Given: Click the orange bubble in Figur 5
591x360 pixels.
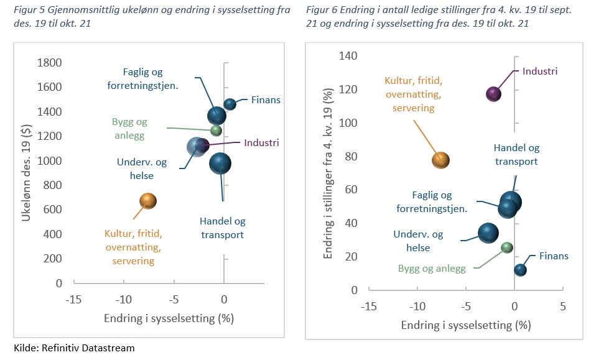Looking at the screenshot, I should [147, 200].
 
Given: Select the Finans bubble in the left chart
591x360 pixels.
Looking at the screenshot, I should [230, 104].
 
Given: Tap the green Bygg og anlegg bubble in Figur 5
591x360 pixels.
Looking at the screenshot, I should [216, 131].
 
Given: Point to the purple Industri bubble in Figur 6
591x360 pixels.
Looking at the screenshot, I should [493, 94].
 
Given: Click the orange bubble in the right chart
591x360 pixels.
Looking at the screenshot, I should [440, 160].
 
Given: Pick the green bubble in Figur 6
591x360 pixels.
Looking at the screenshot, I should [507, 247].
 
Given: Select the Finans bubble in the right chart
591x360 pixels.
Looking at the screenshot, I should [521, 270].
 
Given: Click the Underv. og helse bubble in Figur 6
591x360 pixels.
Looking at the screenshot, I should [488, 233].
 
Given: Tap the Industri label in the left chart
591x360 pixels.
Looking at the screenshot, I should [261, 143].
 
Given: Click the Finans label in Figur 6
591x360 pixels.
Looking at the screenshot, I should [554, 256].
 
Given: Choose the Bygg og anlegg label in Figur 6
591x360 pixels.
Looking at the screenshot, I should [432, 269].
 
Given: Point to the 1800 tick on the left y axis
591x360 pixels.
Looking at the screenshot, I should [50, 63].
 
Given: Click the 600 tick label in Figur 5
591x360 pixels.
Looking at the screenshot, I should [53, 210].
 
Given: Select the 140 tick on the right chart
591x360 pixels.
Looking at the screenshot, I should [348, 57].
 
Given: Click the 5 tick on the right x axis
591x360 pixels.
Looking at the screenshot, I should [563, 307].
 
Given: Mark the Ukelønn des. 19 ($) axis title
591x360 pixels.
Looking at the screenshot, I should [26, 172].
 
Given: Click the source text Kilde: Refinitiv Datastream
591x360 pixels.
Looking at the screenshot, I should [74, 348].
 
